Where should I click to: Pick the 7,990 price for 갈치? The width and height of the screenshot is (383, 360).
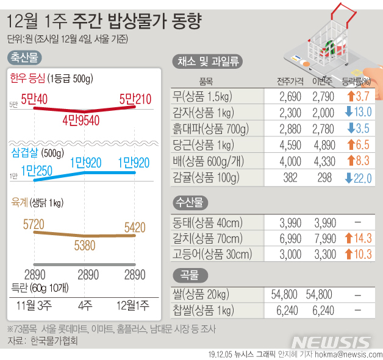(x=323, y=238)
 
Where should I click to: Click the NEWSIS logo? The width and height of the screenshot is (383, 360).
(x=330, y=341)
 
